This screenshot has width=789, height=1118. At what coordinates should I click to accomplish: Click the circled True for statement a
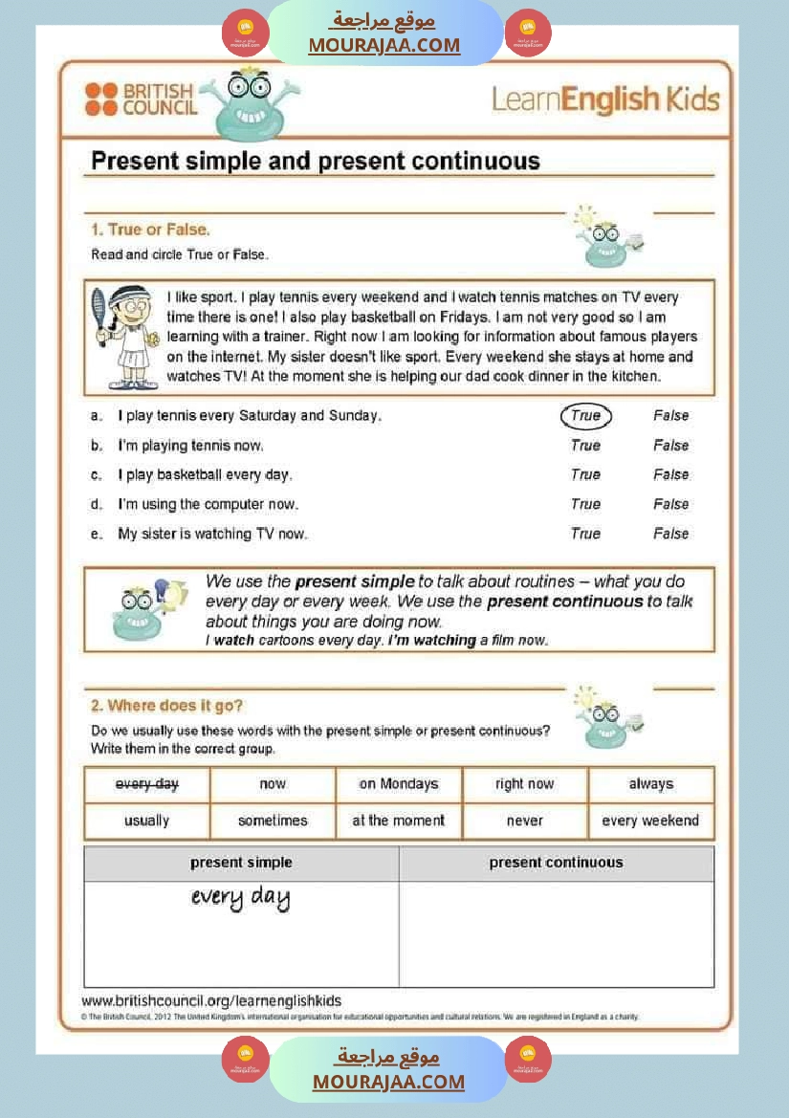coord(585,416)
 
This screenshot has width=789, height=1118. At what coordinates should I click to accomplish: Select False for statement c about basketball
coord(670,475)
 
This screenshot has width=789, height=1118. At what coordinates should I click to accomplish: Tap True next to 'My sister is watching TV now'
coord(585,534)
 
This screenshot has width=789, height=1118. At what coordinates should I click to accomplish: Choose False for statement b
coord(670,446)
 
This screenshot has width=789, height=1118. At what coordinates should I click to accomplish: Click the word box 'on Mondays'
coord(399,784)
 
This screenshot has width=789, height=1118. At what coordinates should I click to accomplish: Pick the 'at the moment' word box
coord(399,821)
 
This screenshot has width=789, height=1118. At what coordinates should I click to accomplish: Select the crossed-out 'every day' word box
coord(147,784)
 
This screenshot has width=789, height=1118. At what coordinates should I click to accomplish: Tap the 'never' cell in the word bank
coord(525,821)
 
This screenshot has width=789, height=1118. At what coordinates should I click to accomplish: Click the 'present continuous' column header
coord(556,863)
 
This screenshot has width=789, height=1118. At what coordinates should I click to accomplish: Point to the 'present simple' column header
coord(241,863)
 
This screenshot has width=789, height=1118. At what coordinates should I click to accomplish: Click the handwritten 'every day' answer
coord(240,898)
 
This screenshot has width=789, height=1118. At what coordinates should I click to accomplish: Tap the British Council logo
coord(140,99)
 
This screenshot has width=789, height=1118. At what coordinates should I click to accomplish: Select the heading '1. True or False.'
coord(150,230)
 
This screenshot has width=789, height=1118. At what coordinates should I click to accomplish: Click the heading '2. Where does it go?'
coord(166,706)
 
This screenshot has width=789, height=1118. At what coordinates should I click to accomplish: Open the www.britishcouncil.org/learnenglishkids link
coord(211,1001)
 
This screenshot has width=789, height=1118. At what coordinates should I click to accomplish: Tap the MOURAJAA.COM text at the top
coord(384,45)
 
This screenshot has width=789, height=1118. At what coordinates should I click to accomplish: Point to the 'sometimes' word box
coord(273,821)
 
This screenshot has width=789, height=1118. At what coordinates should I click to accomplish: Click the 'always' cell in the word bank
coord(650,784)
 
